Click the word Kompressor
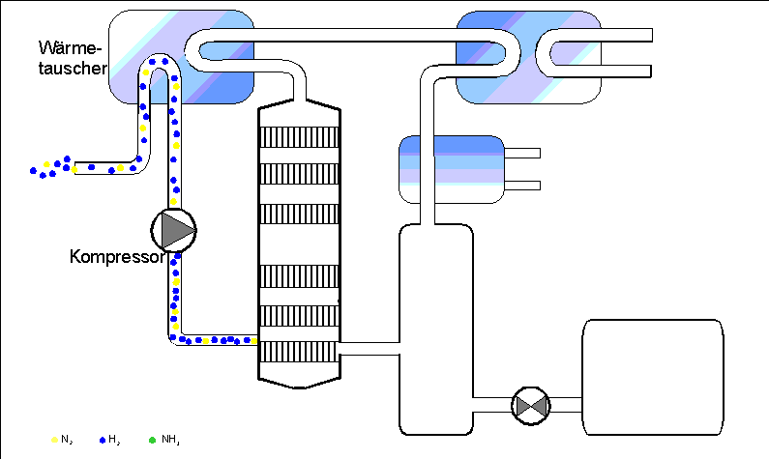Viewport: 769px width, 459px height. (117, 257)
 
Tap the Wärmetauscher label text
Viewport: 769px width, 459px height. (73, 58)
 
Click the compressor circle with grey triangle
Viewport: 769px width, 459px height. (173, 230)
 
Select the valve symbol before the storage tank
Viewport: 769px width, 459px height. (531, 406)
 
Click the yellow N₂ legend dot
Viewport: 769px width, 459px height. (54, 440)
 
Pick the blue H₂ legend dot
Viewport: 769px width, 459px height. (103, 440)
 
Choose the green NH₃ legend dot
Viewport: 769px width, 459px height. (152, 440)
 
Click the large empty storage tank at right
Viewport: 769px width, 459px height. (653, 377)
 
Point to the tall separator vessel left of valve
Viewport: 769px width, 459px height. (436, 330)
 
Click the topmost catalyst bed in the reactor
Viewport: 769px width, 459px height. (299, 137)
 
